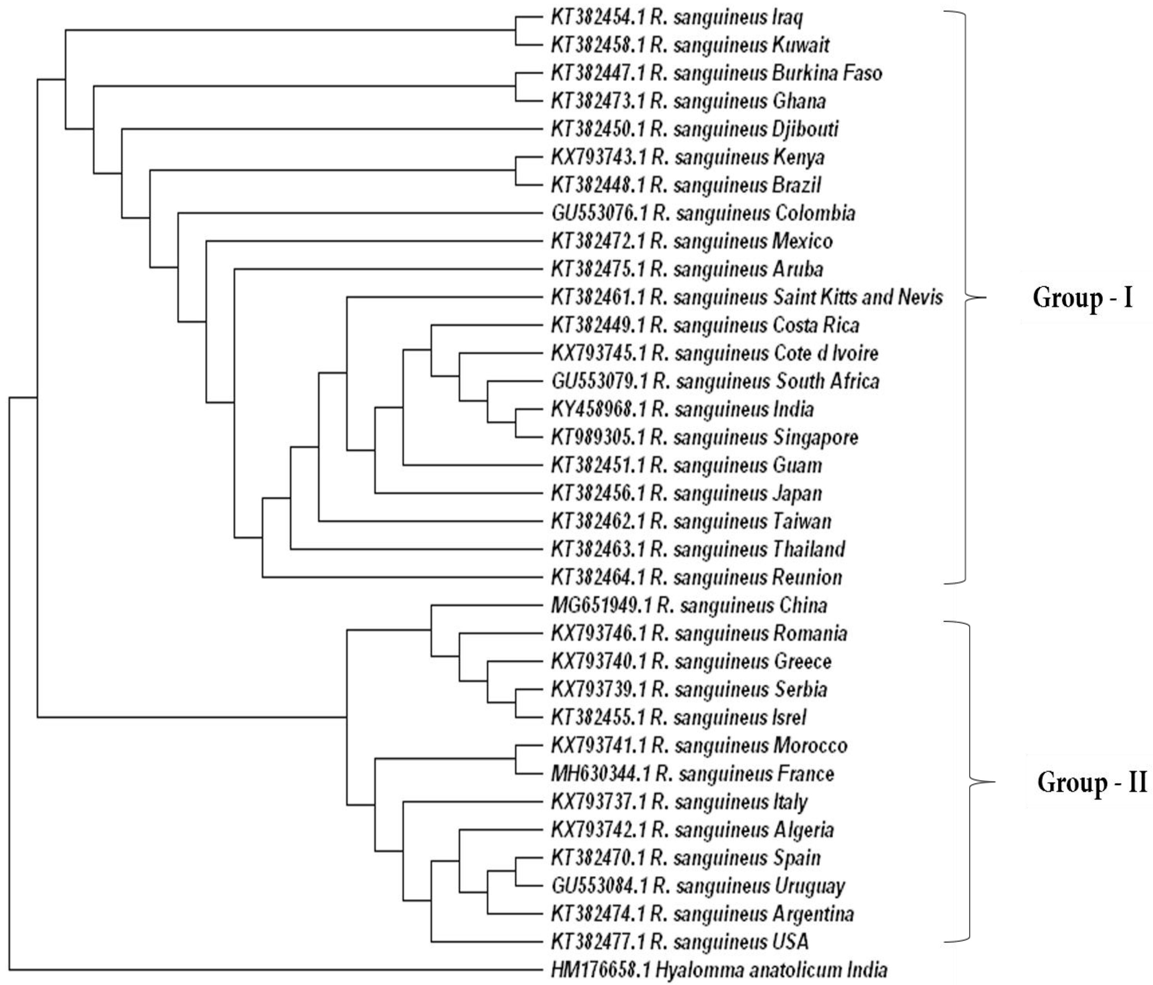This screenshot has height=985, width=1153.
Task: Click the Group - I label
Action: tap(1082, 298)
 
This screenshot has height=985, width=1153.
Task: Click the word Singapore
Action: tap(815, 438)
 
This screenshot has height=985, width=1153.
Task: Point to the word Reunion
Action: tap(808, 577)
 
